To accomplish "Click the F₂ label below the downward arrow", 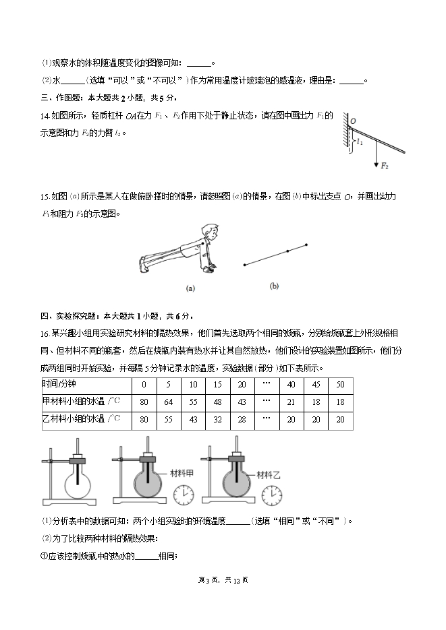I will pos(385,166).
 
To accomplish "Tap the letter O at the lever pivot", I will pos(352,121).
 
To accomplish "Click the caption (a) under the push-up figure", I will pos(190,288).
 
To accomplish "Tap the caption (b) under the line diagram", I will pos(275,286).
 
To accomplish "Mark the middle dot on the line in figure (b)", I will pos(288,251).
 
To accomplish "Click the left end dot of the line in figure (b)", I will pos(244,265).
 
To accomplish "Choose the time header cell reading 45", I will pos(316,384).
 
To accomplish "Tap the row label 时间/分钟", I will pos(59,384).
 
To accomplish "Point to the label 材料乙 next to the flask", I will pos(268,475).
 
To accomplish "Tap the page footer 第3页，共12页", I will pos(223,579).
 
